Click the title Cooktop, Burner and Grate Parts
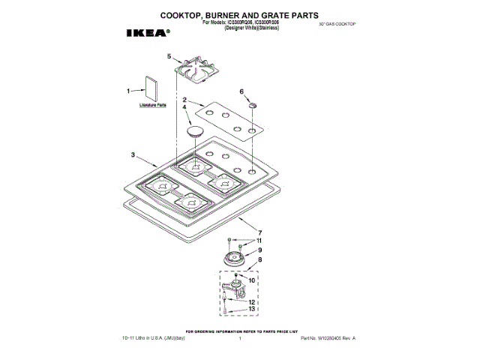click(x=239, y=14)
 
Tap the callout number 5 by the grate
click(x=169, y=56)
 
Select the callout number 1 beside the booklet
click(x=128, y=91)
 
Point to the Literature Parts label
click(x=152, y=106)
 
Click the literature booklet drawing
click(x=150, y=89)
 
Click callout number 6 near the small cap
click(x=241, y=91)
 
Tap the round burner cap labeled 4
click(x=196, y=132)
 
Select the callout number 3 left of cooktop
click(x=132, y=155)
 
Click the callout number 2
click(x=184, y=100)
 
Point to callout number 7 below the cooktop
click(x=260, y=232)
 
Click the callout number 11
click(x=259, y=241)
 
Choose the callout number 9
click(x=259, y=250)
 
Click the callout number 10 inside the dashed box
click(x=251, y=280)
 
